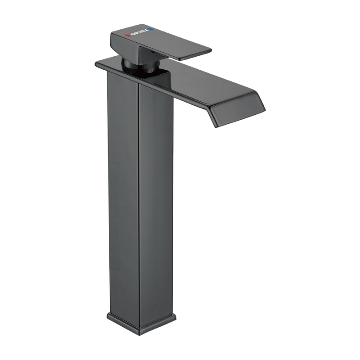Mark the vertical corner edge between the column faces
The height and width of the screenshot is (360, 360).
(138, 202)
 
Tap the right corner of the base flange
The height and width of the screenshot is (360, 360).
(175, 317)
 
